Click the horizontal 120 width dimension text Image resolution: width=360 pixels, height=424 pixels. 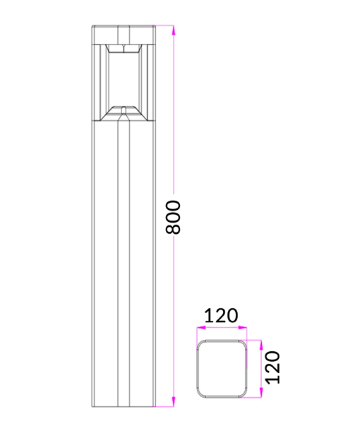point(221,316)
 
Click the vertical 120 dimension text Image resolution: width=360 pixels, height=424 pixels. point(273,367)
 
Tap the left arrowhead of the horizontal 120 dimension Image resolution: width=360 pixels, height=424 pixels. point(198,327)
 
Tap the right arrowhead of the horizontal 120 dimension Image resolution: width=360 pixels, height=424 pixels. point(244,327)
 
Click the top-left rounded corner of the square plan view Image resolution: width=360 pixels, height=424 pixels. point(200,346)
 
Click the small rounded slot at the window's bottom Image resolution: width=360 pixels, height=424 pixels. point(124,110)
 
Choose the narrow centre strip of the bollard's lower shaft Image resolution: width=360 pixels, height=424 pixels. point(124,269)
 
